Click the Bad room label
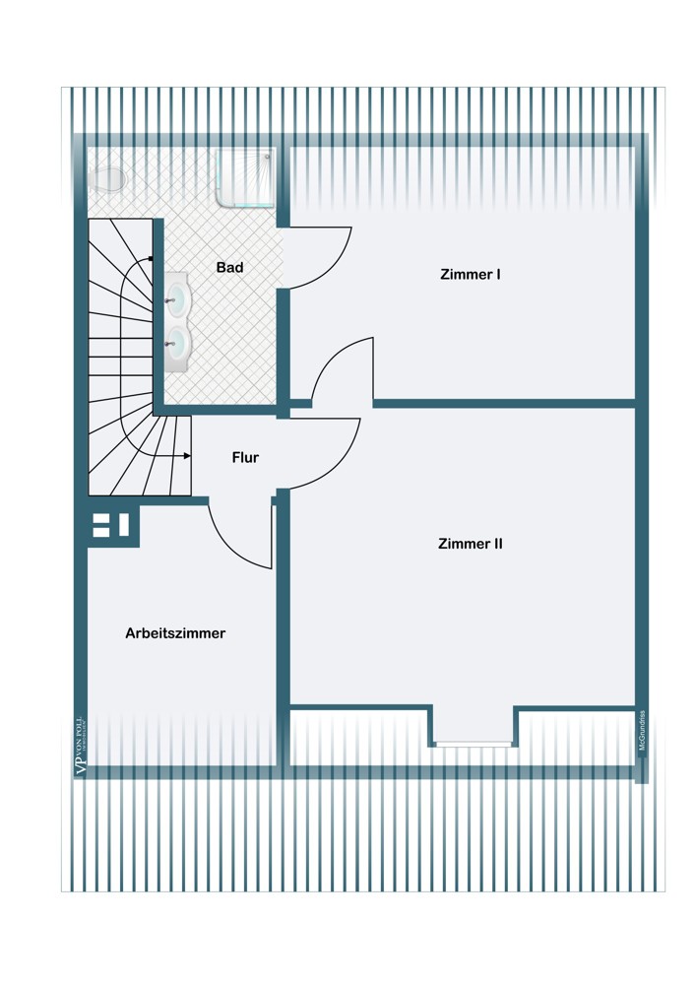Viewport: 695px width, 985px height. (x=229, y=267)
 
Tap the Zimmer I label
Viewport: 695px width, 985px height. (x=470, y=275)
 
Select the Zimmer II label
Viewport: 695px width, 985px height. (x=470, y=543)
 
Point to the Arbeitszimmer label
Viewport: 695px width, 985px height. (x=175, y=633)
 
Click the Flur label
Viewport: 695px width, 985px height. (x=245, y=457)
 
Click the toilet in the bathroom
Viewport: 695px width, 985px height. (x=106, y=179)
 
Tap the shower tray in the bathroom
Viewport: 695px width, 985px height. (x=245, y=178)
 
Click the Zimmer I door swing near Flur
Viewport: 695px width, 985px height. (x=345, y=372)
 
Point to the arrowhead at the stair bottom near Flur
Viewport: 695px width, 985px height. (x=187, y=456)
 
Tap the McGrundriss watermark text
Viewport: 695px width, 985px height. (x=642, y=731)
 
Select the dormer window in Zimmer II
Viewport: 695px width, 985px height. (x=474, y=744)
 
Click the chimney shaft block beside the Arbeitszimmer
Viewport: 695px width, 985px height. (x=112, y=525)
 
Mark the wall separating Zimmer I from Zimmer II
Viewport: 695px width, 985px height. (x=502, y=403)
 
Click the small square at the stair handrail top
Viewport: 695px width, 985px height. (x=150, y=258)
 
